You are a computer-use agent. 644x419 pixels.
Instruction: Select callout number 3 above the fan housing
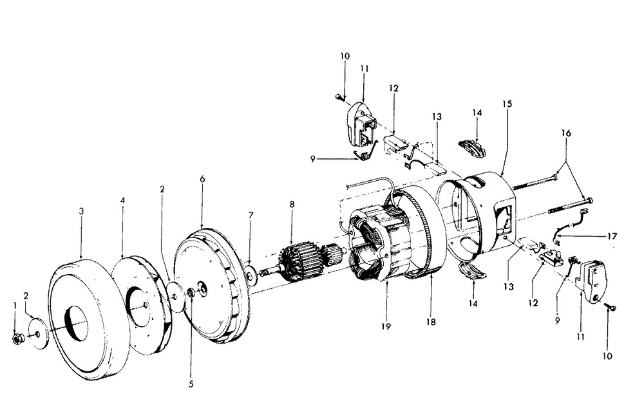81,211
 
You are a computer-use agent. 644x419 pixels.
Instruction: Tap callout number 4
122,200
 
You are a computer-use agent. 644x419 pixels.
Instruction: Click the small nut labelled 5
191,293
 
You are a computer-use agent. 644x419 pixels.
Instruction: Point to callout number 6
202,179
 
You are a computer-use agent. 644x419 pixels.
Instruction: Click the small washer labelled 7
251,274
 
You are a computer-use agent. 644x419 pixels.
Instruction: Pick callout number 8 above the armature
292,204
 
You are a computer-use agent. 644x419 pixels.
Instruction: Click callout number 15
507,104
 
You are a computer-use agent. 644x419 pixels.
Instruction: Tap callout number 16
566,133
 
